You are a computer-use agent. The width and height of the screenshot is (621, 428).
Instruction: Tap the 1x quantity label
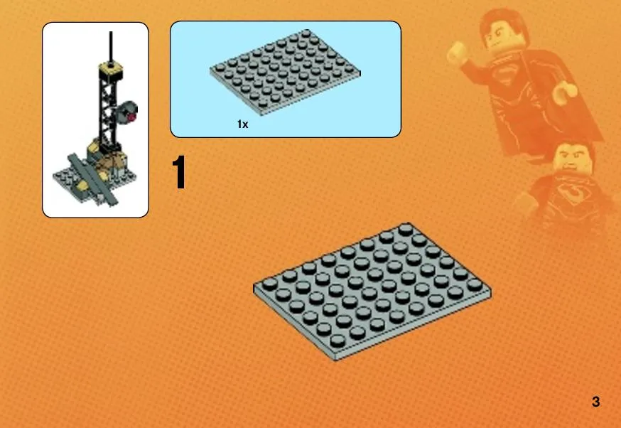point(242,124)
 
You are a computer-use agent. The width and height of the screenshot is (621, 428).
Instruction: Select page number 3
point(595,402)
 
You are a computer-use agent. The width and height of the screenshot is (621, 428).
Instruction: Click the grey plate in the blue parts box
point(285,72)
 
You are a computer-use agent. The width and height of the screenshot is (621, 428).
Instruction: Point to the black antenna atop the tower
point(111,47)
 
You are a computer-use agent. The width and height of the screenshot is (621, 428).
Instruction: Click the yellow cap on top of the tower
point(110,68)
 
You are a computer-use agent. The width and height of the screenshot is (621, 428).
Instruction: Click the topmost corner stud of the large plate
point(406,229)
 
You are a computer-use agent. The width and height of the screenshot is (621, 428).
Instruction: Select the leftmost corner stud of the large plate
point(269,284)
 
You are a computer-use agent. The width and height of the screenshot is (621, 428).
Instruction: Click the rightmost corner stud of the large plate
point(474,284)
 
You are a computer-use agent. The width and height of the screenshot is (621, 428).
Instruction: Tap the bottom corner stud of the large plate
point(337,341)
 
